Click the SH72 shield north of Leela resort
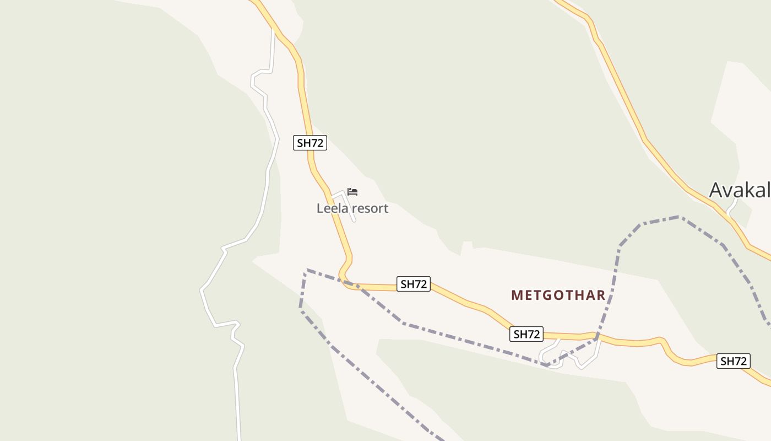point(310,143)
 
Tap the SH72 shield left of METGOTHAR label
point(413,284)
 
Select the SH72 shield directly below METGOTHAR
point(526,334)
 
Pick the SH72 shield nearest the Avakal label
point(733,361)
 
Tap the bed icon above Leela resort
point(352,192)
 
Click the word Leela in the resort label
point(332,208)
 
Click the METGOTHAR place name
point(558,295)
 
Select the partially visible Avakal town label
point(739,190)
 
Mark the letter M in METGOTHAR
point(516,295)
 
